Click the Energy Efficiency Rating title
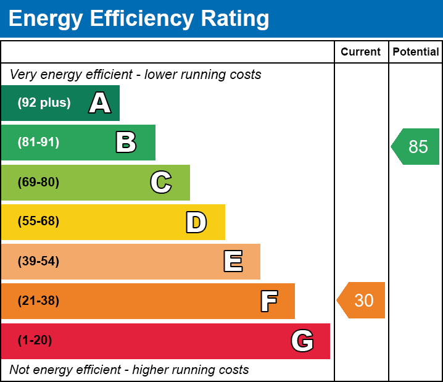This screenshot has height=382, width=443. point(139,19)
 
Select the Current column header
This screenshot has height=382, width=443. point(361,52)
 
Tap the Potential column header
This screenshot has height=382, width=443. point(416,52)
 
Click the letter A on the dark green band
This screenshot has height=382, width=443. point(100,103)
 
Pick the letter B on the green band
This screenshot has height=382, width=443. point(126,143)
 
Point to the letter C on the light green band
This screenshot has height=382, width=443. point(160,182)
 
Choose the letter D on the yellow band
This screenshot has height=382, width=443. point(196,222)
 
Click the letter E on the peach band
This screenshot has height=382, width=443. point(233,262)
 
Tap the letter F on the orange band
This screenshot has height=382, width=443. point(268,301)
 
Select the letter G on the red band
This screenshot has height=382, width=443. point(302,341)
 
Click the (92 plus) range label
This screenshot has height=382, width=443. point(44,103)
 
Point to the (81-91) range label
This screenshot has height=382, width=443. point(38,143)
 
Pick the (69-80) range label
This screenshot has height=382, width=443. point(38,182)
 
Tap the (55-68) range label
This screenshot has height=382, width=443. point(38,222)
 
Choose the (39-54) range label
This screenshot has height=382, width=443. point(38,262)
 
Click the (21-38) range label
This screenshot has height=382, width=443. point(38,301)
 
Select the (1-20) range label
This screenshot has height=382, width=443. point(35,341)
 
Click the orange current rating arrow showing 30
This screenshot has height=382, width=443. point(362,301)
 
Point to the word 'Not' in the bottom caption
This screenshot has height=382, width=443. point(20,370)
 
